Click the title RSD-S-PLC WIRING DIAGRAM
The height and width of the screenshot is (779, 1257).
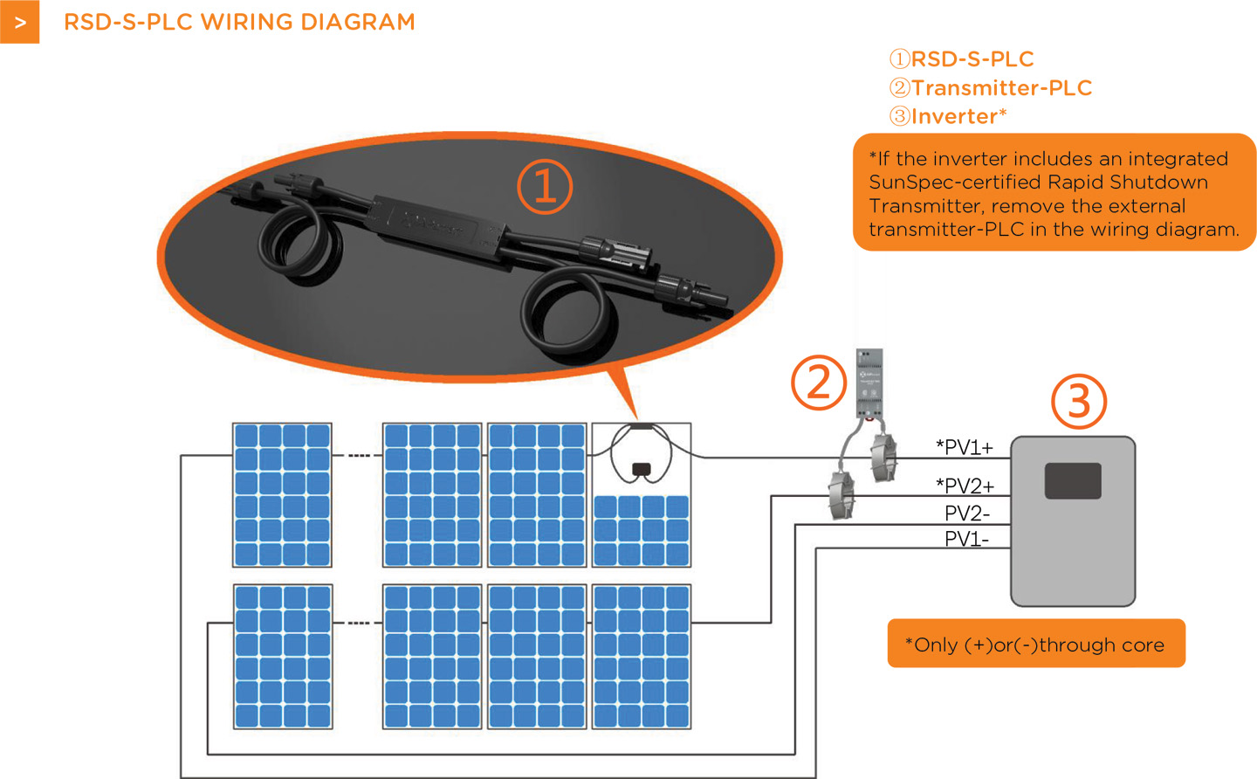click(239, 22)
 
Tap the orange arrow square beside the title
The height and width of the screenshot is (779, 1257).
click(19, 22)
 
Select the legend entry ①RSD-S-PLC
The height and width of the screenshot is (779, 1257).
click(961, 59)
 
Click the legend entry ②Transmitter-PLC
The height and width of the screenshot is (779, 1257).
click(990, 87)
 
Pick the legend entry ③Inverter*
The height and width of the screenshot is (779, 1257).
click(948, 116)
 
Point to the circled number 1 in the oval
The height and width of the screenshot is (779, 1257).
click(545, 187)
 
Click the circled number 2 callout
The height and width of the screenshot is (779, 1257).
click(819, 383)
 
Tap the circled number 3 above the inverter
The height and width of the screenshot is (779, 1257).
click(1079, 402)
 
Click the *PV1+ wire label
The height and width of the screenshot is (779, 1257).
click(965, 447)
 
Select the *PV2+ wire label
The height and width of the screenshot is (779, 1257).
click(965, 486)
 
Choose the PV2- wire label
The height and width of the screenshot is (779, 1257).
click(967, 513)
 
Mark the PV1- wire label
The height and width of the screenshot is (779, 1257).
click(966, 539)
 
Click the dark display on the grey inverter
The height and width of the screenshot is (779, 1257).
click(1073, 481)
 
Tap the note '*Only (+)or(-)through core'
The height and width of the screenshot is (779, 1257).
click(1035, 645)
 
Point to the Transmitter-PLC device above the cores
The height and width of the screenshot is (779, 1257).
click(869, 383)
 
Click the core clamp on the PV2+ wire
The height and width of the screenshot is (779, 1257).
click(841, 495)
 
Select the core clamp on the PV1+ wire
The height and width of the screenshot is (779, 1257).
click(883, 457)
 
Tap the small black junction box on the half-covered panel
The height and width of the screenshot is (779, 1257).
click(641, 469)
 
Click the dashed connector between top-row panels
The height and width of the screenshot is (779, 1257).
click(357, 456)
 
